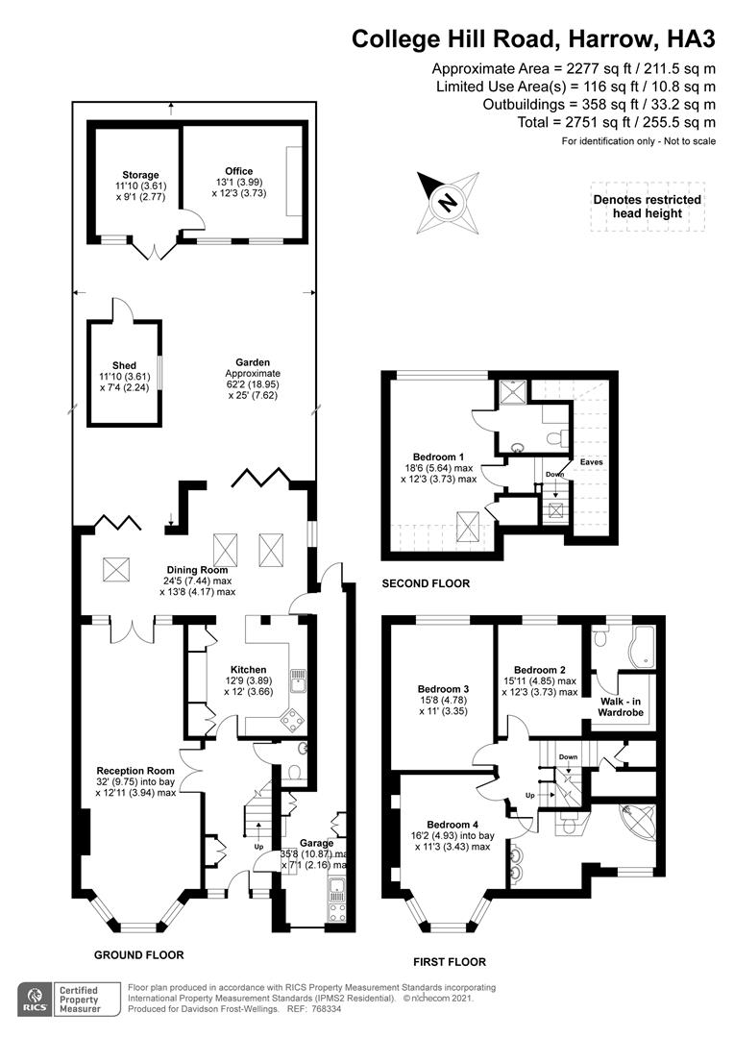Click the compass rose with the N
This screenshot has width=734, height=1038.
(x=447, y=202)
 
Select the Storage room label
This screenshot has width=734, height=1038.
(x=139, y=175)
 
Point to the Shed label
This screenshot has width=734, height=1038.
(x=124, y=365)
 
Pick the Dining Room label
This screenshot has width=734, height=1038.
(x=195, y=569)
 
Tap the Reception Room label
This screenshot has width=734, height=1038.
(x=135, y=770)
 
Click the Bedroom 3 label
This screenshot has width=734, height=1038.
(x=443, y=689)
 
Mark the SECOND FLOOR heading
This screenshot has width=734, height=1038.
(x=426, y=583)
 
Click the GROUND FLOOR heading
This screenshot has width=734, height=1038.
(x=138, y=954)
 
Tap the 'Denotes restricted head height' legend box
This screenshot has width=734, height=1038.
(x=647, y=206)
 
